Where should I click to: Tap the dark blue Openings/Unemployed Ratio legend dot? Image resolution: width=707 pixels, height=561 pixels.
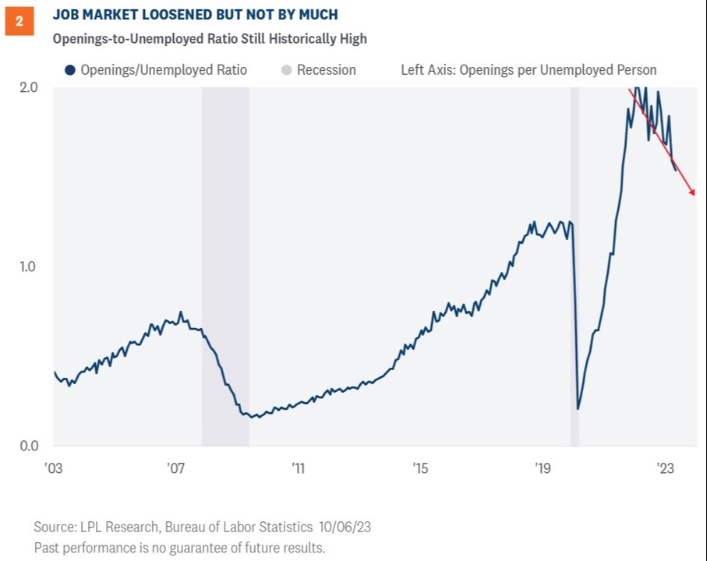click(x=69, y=70)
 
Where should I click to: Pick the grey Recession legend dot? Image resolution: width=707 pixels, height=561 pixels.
click(x=285, y=70)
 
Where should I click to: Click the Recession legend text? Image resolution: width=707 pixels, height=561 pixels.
click(x=326, y=70)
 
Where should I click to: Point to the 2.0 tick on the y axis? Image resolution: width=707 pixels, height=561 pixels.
click(x=28, y=87)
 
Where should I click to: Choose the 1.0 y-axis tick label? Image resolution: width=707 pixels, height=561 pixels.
click(x=28, y=266)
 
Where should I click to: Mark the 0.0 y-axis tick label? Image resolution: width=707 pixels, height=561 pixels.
click(x=28, y=446)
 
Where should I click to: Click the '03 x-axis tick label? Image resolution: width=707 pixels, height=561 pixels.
click(x=53, y=468)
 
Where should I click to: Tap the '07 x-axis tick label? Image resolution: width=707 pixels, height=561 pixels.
click(x=175, y=468)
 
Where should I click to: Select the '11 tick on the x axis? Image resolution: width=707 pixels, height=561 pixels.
click(x=299, y=468)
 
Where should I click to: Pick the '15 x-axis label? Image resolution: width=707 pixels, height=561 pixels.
click(x=421, y=468)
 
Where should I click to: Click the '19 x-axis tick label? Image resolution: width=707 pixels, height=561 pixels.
click(x=543, y=468)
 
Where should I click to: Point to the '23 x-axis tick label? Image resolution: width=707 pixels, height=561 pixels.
click(x=665, y=468)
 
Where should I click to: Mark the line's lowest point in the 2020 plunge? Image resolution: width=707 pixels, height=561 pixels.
click(x=578, y=408)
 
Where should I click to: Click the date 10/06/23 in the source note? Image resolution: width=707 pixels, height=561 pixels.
click(x=343, y=527)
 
